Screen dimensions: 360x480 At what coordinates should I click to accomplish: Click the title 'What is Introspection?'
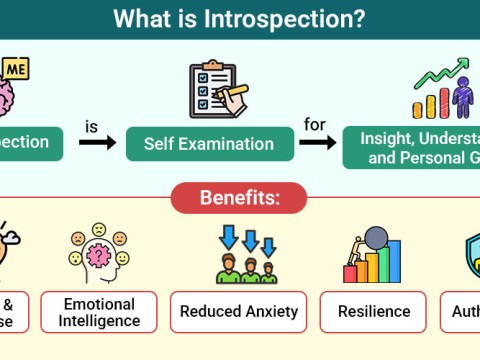[x=239, y=18]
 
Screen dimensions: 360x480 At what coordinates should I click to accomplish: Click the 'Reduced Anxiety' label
[x=239, y=311]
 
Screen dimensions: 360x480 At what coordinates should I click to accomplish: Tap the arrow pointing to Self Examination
[x=97, y=143]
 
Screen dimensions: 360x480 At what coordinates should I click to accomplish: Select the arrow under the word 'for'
[x=317, y=143]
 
